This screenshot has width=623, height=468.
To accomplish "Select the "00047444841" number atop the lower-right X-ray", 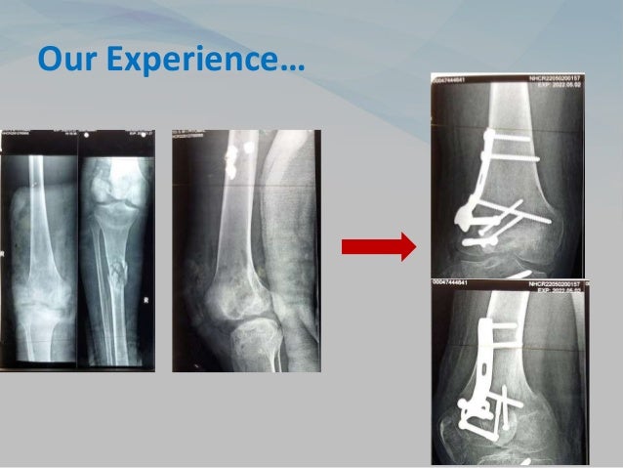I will click(458, 283).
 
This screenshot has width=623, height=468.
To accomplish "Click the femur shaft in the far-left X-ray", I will click(40, 195).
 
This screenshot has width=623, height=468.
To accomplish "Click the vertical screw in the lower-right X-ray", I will click(509, 400).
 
